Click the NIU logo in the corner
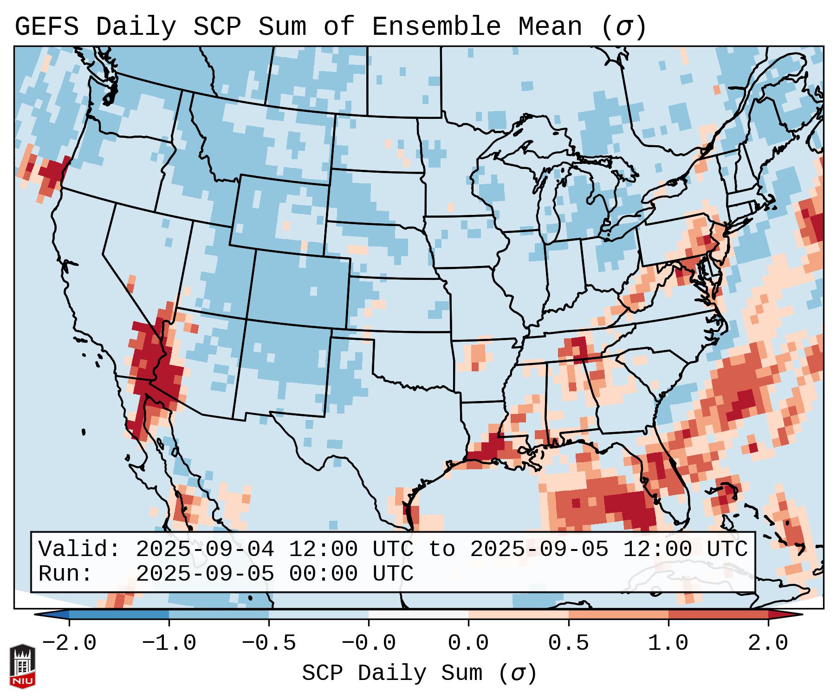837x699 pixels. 22,666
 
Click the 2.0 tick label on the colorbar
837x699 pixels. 768,643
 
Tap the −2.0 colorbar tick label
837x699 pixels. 69,643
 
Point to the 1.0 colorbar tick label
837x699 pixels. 668,643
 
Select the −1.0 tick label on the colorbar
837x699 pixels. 169,643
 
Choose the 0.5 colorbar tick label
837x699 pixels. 568,643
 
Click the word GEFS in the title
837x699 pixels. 47,27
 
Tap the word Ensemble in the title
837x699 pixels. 436,27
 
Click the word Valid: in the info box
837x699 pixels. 79,549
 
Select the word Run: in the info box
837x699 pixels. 65,574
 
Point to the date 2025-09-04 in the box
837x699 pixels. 205,549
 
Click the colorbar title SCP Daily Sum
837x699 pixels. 391,673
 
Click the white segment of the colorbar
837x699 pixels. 418,615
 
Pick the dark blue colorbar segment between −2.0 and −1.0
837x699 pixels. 119,615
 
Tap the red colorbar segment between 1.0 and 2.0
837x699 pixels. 718,615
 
